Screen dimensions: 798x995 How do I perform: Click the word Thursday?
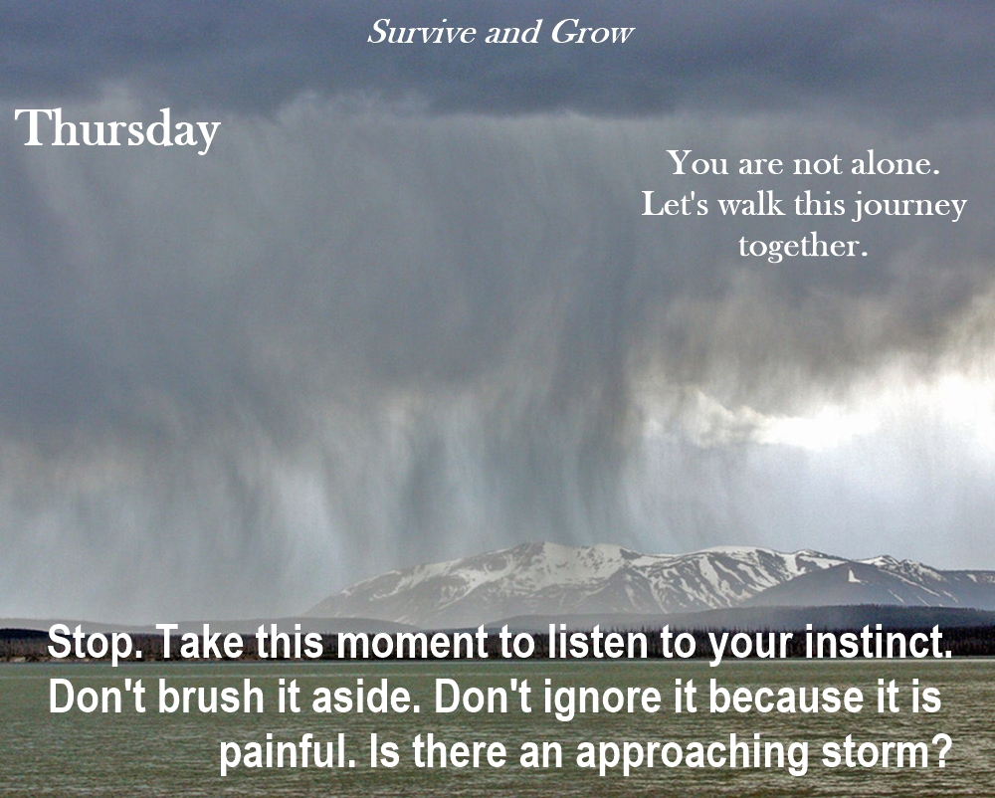tap(117, 130)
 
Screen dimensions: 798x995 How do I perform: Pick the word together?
tap(802, 246)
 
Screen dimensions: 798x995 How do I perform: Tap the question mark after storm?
tap(940, 753)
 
